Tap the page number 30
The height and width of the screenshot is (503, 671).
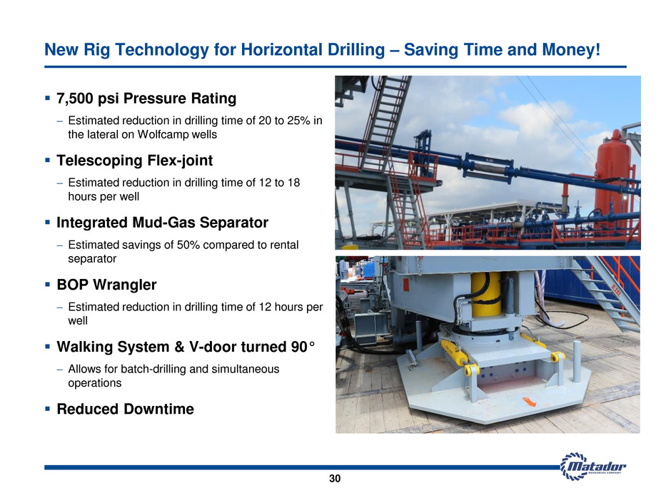tap(335, 479)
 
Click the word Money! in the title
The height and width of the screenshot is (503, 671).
tap(571, 50)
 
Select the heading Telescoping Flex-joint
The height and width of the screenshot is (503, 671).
tap(134, 161)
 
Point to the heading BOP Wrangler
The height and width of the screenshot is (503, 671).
tap(106, 285)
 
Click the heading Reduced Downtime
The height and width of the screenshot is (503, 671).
tap(126, 409)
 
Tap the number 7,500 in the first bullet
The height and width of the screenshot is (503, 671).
tap(75, 98)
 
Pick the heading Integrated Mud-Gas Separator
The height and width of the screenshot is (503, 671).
tap(163, 223)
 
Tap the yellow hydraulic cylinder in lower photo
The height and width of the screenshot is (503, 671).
tap(485, 294)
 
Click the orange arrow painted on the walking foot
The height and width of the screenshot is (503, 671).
tap(529, 402)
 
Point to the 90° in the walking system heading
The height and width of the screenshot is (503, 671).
tap(303, 347)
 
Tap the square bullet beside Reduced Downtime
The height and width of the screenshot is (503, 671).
tap(48, 409)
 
